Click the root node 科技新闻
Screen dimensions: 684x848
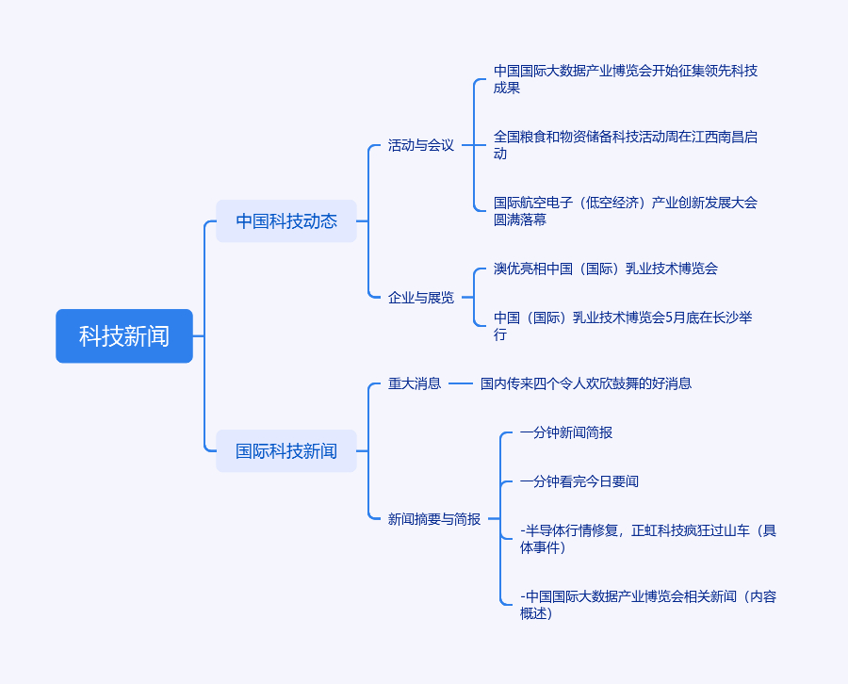124,336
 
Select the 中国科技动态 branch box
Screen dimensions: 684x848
286,221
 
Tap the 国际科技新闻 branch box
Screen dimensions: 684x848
286,451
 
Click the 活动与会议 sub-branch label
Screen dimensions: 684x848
421,145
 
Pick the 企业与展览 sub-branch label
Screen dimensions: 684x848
421,298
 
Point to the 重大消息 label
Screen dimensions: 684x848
415,383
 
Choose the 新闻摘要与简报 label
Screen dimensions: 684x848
434,519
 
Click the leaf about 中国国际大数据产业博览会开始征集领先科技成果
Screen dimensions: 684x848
626,79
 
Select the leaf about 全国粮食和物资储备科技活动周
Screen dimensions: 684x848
626,145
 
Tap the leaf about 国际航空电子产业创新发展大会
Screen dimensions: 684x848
626,211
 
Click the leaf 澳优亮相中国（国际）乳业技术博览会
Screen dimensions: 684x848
606,269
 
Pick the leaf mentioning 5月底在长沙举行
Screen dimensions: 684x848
623,326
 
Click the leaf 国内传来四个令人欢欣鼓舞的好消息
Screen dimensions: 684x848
586,383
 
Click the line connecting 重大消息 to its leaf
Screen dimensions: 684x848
461,383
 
